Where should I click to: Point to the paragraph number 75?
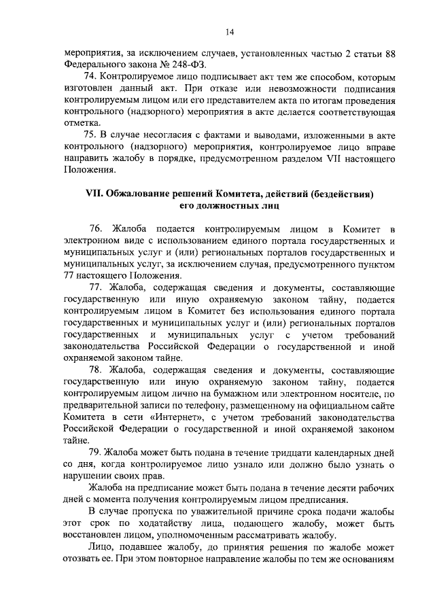[x=89, y=133]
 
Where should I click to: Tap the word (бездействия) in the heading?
[x=343, y=194]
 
